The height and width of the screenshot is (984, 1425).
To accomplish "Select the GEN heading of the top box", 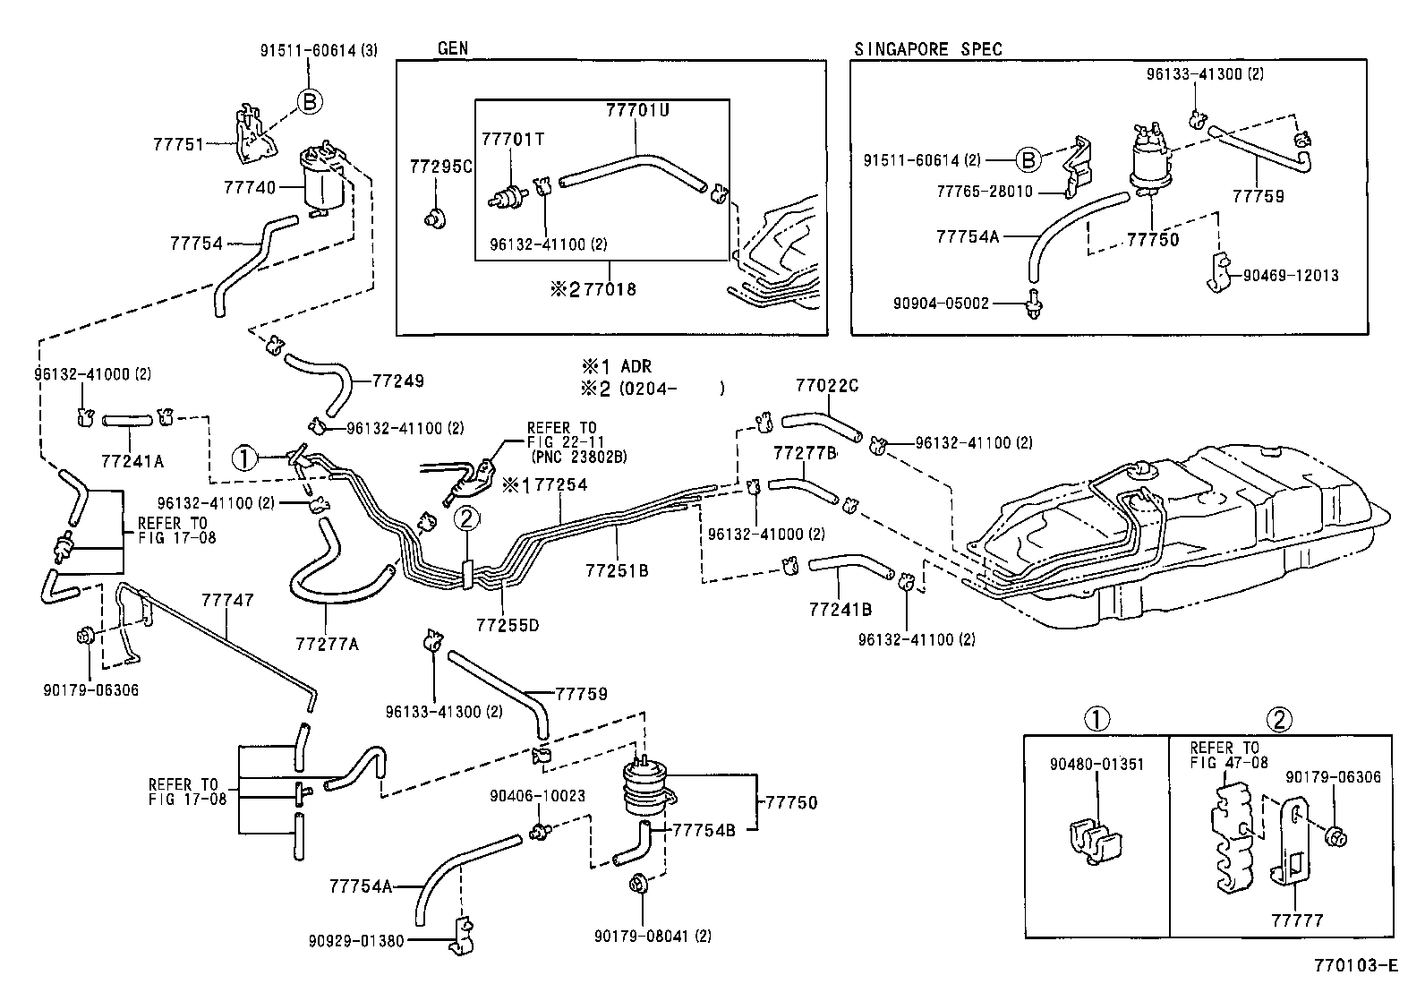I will pyautogui.click(x=453, y=49).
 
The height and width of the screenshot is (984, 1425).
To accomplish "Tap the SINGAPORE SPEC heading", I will pyautogui.click(x=928, y=49).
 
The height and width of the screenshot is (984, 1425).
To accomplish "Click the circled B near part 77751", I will pyautogui.click(x=309, y=102).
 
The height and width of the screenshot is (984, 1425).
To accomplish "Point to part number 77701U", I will pyautogui.click(x=637, y=110).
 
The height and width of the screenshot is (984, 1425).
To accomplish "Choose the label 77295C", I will pyautogui.click(x=440, y=167).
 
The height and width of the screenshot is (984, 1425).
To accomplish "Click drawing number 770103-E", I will pyautogui.click(x=1355, y=965).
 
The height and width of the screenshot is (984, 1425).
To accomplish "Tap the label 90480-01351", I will pyautogui.click(x=1096, y=765).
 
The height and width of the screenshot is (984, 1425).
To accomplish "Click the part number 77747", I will pyautogui.click(x=227, y=601).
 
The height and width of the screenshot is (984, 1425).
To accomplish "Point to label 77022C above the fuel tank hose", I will pyautogui.click(x=827, y=386).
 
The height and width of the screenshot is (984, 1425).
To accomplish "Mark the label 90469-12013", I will pyautogui.click(x=1291, y=275).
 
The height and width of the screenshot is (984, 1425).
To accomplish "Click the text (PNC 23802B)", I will pyautogui.click(x=579, y=457).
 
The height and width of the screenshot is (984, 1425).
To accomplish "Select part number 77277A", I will pyautogui.click(x=327, y=644).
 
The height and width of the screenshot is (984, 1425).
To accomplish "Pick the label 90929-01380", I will pyautogui.click(x=356, y=941).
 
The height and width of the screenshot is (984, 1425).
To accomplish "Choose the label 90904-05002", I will pyautogui.click(x=941, y=304).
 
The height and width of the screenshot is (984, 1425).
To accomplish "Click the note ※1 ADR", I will pyautogui.click(x=617, y=366).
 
